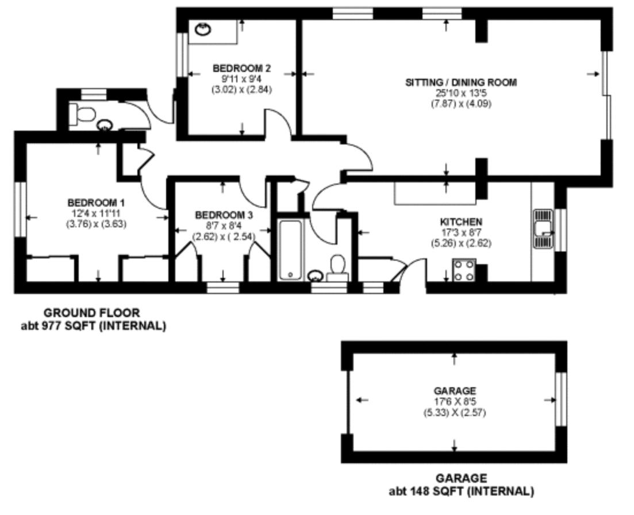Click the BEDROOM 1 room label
click(x=96, y=203)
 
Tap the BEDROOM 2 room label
click(x=241, y=68)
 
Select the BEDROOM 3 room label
click(x=224, y=215)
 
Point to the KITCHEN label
click(x=461, y=222)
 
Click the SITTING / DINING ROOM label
click(x=461, y=82)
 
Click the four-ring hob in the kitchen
click(x=464, y=270)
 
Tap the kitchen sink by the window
click(x=543, y=228)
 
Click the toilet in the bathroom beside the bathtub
click(x=337, y=268)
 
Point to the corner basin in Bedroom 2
click(x=202, y=29)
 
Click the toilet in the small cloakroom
click(x=82, y=113)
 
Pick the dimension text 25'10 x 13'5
click(x=461, y=93)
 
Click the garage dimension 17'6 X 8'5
click(x=455, y=402)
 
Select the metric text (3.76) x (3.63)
click(x=96, y=224)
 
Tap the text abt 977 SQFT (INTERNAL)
click(x=93, y=326)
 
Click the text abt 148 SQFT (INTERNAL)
click(x=462, y=491)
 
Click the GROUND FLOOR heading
click(x=92, y=313)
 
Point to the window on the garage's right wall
click(x=560, y=399)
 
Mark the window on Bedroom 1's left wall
click(x=20, y=209)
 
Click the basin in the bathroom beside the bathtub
click(x=315, y=276)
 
